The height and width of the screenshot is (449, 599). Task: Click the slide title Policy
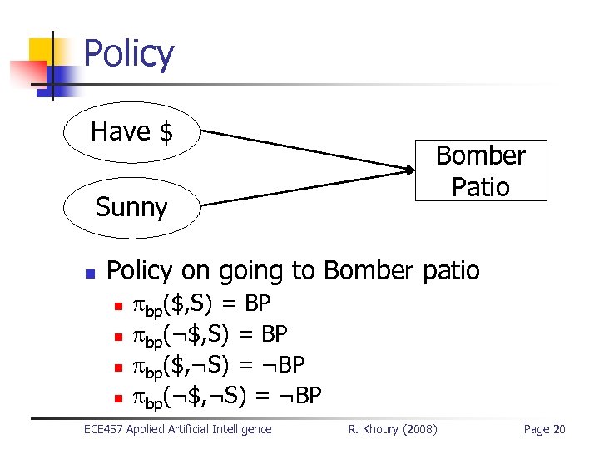point(129,54)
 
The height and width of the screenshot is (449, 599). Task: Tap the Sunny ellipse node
point(131,206)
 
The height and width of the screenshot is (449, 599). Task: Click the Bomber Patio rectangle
point(481,170)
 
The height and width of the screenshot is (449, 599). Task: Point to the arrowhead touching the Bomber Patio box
point(408,170)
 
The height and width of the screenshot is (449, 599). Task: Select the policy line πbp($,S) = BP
point(202,304)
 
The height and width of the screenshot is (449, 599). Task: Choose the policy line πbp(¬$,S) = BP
point(210,334)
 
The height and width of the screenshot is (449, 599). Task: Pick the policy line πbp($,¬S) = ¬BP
point(219,364)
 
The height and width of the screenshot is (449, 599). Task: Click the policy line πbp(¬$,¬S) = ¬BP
point(227,394)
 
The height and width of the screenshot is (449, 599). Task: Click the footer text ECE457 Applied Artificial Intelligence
point(178,429)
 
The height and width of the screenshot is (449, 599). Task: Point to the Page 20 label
point(544,429)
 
